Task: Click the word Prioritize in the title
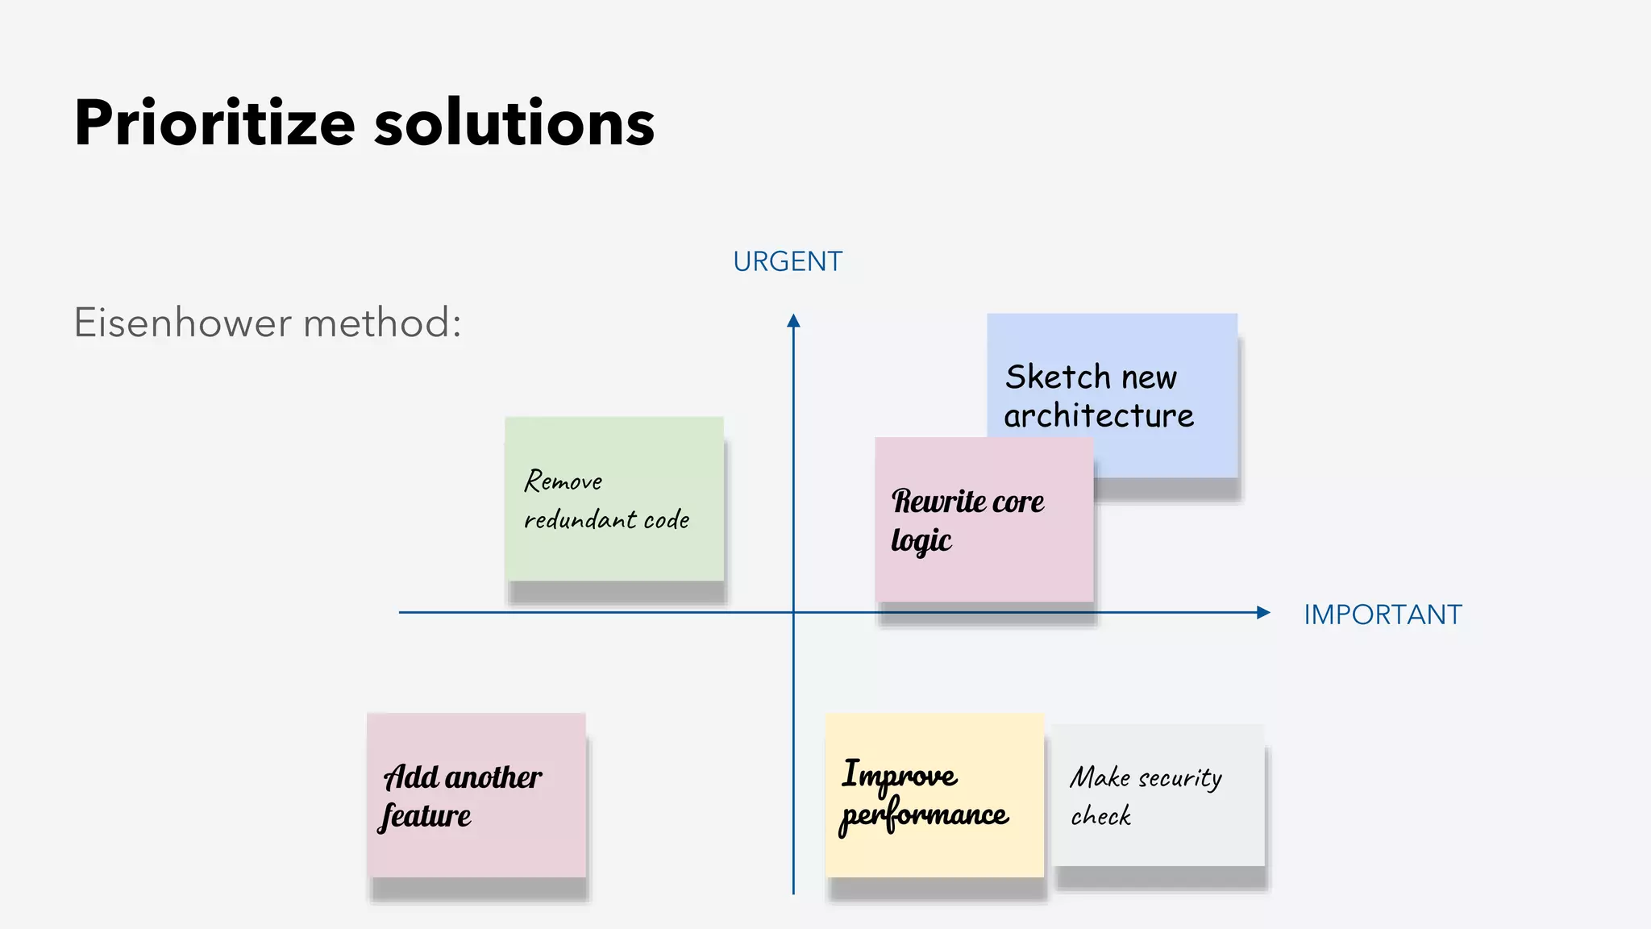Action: tap(214, 124)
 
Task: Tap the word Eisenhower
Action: tap(183, 323)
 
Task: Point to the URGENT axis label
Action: tap(788, 262)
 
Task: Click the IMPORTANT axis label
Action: tap(1383, 614)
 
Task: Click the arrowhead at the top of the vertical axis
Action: tap(793, 321)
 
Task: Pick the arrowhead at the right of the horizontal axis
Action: tap(1263, 613)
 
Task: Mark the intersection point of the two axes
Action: tap(793, 613)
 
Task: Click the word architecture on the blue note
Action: tap(1099, 416)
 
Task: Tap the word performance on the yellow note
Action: tap(924, 816)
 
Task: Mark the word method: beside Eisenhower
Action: tap(382, 323)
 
